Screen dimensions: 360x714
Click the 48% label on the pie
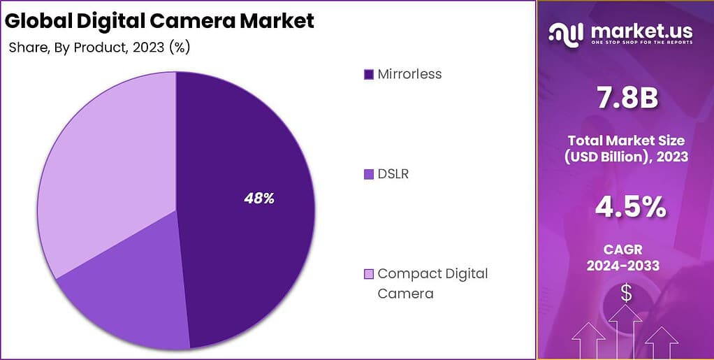[258, 199]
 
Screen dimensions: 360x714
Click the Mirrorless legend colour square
[368, 74]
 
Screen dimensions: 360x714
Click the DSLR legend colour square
[368, 174]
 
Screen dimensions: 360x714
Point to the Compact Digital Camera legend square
[368, 274]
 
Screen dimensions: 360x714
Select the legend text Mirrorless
[409, 74]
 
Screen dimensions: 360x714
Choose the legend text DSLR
[393, 174]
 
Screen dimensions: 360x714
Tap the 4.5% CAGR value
[626, 207]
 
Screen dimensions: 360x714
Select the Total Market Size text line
[626, 141]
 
